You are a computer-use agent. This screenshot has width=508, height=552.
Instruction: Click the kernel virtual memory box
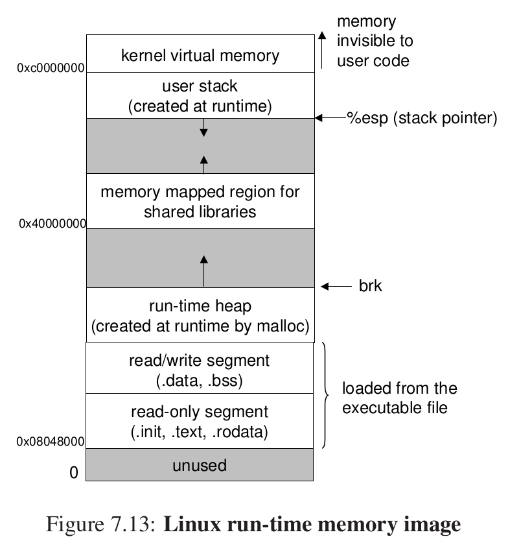click(x=200, y=54)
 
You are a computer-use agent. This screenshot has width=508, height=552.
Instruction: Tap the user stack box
click(x=200, y=95)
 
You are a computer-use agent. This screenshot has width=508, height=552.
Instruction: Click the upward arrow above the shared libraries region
click(x=204, y=164)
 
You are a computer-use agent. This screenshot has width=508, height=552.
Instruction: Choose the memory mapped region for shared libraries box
click(x=200, y=201)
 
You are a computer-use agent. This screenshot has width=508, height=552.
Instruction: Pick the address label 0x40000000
click(x=52, y=224)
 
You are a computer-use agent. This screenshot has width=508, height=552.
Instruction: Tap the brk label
click(x=371, y=286)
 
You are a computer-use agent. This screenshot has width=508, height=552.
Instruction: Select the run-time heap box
click(x=200, y=315)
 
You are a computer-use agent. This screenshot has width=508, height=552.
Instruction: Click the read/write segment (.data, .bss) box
click(x=200, y=370)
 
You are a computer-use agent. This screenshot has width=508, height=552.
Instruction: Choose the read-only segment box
click(x=200, y=420)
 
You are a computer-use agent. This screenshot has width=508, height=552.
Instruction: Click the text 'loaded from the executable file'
click(x=399, y=398)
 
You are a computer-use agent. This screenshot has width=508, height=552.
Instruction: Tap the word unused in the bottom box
click(x=200, y=465)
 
